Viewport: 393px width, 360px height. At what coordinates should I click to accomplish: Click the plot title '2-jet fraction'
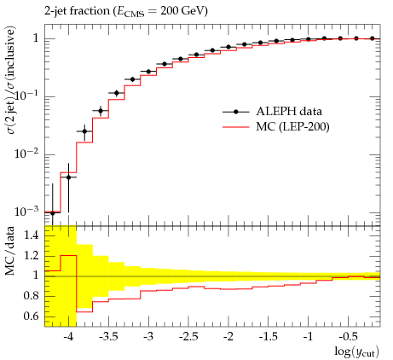77,11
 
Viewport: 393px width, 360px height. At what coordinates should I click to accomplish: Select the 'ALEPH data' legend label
289,111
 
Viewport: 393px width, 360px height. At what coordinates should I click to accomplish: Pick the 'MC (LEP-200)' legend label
292,127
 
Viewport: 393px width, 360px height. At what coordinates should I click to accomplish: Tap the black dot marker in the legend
235,112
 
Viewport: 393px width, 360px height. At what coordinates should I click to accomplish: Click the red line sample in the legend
236,127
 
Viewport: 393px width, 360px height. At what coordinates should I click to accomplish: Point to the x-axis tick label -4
68,337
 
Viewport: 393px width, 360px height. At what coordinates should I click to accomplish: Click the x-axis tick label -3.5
108,337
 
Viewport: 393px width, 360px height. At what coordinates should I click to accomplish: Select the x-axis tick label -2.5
188,337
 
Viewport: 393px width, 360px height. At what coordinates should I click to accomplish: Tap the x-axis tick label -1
308,337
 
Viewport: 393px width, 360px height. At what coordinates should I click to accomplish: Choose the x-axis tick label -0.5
349,337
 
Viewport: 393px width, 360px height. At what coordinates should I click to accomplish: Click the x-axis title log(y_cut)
356,351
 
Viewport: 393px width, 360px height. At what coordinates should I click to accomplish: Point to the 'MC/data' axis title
9,251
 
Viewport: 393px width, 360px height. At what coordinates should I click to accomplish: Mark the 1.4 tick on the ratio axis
32,235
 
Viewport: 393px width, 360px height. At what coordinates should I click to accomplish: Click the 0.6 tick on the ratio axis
32,316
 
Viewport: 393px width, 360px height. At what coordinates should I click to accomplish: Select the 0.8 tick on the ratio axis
32,296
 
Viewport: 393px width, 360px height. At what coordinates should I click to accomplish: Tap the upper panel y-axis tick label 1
36,38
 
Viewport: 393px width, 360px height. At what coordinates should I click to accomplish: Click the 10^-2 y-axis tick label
26,154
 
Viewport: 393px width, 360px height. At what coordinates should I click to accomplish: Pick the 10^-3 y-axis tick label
26,212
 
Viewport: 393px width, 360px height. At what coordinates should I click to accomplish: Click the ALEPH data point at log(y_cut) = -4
68,177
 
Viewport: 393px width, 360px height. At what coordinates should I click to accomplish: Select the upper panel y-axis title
9,80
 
